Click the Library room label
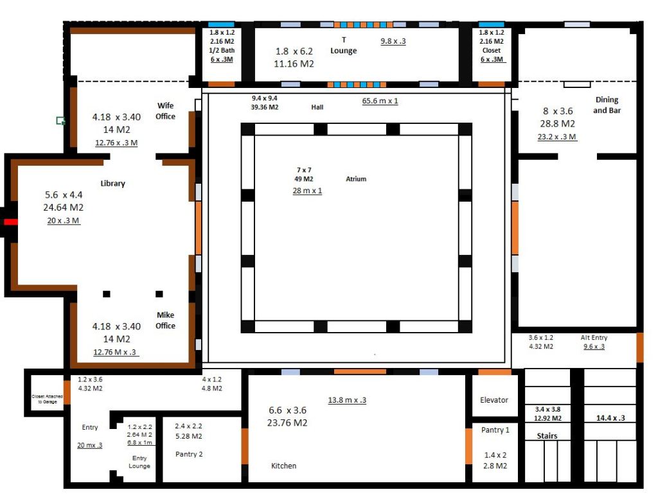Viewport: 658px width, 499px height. pyautogui.click(x=112, y=184)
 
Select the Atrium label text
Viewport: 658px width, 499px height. pyautogui.click(x=356, y=179)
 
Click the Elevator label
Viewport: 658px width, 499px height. pyautogui.click(x=494, y=400)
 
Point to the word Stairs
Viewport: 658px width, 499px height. pyautogui.click(x=547, y=436)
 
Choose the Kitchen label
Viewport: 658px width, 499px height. pyautogui.click(x=283, y=466)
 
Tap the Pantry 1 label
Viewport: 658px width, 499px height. pyautogui.click(x=495, y=430)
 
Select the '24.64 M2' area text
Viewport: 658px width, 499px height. pyautogui.click(x=63, y=207)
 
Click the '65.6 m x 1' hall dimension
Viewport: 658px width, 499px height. pyautogui.click(x=380, y=101)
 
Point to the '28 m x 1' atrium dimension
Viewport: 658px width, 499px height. pyautogui.click(x=307, y=191)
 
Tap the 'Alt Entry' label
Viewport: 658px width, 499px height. pyautogui.click(x=594, y=338)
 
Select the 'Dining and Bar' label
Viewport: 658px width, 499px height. pyautogui.click(x=606, y=105)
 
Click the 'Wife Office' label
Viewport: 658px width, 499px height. pyautogui.click(x=165, y=111)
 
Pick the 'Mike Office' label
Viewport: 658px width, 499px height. pyautogui.click(x=165, y=320)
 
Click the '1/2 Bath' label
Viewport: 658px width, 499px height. pyautogui.click(x=222, y=50)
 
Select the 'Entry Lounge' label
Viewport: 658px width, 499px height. pyautogui.click(x=139, y=462)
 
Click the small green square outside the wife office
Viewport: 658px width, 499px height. pyautogui.click(x=60, y=120)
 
